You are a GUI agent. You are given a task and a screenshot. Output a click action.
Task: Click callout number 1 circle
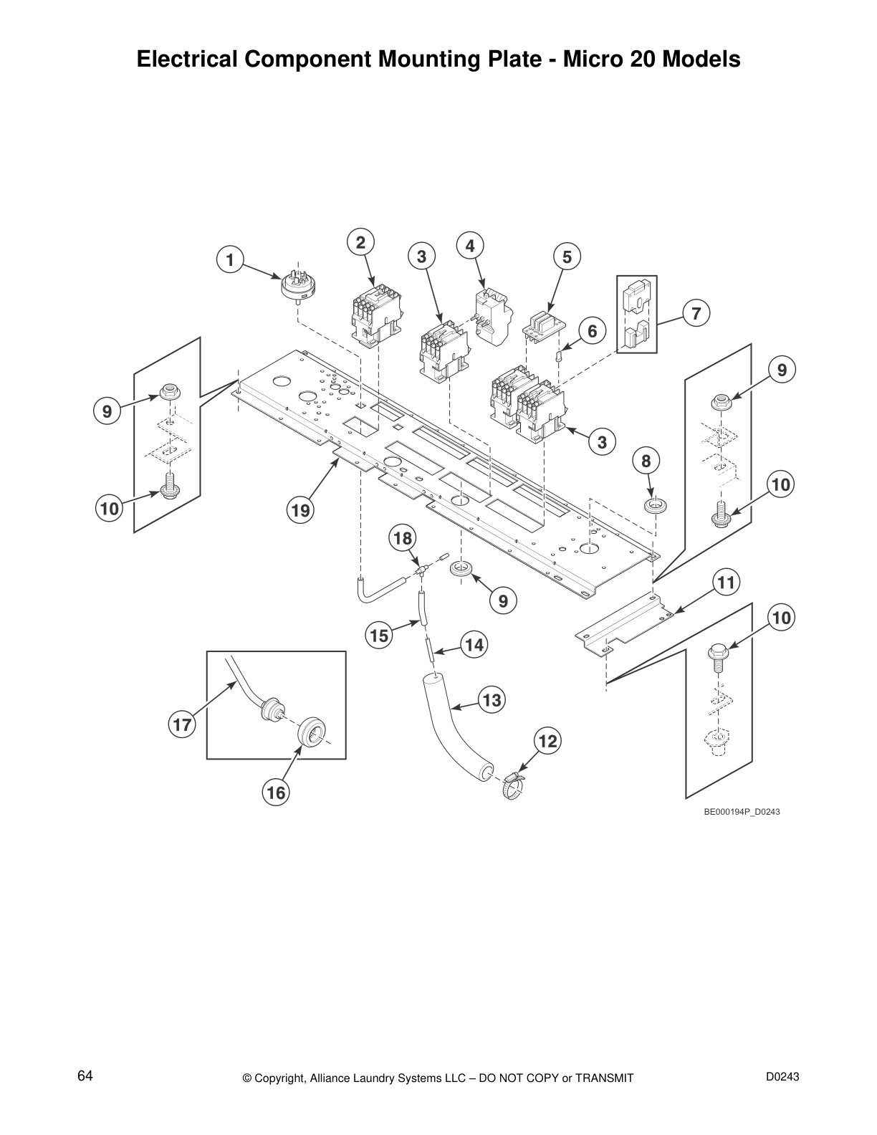tap(230, 260)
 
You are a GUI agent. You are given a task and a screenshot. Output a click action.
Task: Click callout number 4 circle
tap(469, 246)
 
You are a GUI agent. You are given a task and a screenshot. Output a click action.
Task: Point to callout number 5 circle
tap(567, 257)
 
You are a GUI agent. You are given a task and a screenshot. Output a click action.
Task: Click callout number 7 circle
tap(696, 313)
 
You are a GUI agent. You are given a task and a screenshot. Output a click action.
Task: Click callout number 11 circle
tap(726, 583)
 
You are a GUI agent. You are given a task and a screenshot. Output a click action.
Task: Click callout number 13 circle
tap(492, 699)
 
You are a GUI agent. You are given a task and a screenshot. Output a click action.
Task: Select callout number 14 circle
tap(474, 645)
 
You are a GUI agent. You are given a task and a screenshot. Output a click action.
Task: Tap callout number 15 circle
tap(379, 635)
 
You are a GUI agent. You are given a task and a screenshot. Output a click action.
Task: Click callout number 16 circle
tap(276, 792)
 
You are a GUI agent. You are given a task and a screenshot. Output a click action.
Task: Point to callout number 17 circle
tap(182, 724)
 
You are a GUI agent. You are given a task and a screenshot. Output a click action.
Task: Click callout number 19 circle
tap(300, 510)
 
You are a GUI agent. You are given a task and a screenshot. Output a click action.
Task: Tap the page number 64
tap(85, 1076)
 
